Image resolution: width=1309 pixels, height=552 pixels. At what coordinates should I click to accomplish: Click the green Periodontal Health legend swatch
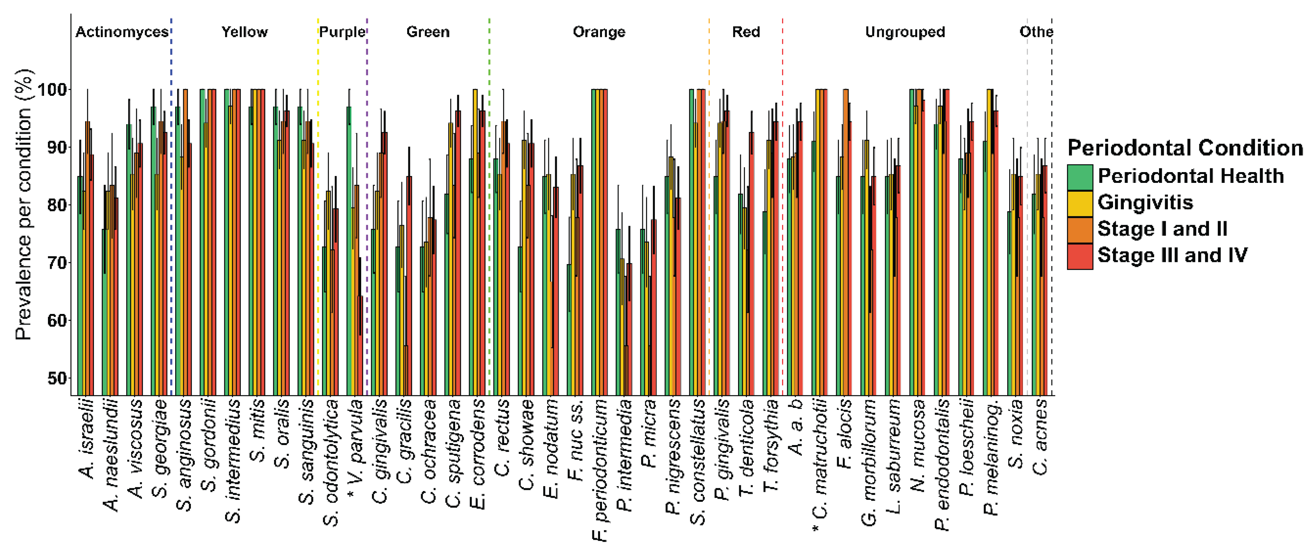tap(1080, 177)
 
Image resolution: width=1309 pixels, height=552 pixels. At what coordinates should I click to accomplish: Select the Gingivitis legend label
tap(1145, 203)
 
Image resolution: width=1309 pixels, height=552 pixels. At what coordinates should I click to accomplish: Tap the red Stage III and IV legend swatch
tap(1080, 256)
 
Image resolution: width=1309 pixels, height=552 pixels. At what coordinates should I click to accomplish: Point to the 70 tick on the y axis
tap(57, 263)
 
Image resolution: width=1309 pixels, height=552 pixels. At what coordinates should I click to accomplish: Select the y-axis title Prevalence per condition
tap(24, 203)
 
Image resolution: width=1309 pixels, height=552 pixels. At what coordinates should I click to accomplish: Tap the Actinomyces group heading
tap(122, 32)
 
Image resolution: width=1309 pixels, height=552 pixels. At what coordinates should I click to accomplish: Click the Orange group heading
tap(599, 32)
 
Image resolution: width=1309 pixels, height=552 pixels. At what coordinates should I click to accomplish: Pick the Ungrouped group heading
tap(904, 32)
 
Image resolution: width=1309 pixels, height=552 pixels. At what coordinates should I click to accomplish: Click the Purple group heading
tap(342, 32)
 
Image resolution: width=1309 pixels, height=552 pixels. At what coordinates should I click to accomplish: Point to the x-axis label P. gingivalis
tap(722, 449)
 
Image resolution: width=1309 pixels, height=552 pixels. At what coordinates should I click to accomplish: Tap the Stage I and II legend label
tap(1162, 229)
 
